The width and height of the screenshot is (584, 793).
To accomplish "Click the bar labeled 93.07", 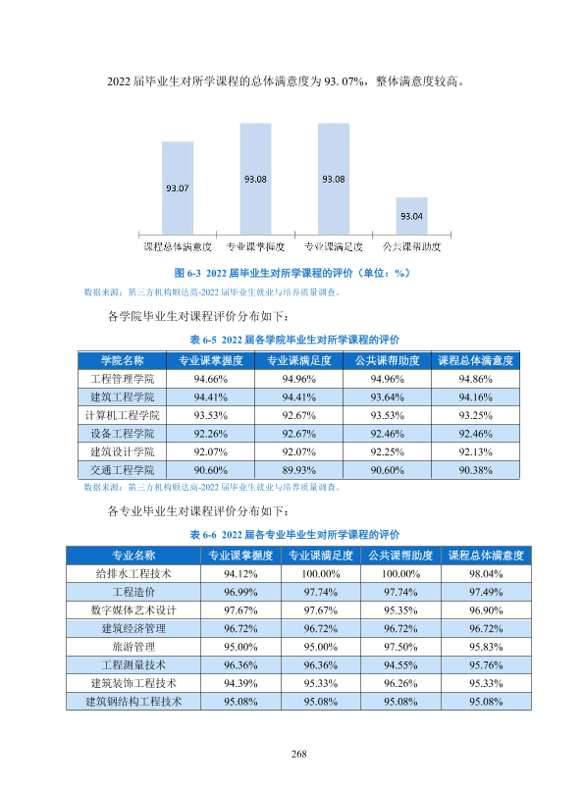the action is tap(177, 187).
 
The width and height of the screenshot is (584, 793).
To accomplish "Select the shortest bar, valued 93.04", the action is tap(411, 216).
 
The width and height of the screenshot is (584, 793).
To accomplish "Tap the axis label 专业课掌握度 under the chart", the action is tap(255, 246).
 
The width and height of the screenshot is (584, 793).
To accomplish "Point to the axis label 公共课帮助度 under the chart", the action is tap(411, 246).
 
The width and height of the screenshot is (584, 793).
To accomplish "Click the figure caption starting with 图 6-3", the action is tap(292, 273).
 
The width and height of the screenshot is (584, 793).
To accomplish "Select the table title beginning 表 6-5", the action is tap(294, 340).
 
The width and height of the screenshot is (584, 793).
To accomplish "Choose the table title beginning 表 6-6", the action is tap(294, 535).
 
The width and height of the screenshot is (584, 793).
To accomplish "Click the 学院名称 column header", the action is tap(123, 360).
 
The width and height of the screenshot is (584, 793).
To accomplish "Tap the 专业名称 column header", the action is tap(133, 555).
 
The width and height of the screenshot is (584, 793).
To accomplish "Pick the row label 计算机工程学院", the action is tap(123, 415).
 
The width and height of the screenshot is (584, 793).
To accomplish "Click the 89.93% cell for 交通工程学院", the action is tap(298, 470).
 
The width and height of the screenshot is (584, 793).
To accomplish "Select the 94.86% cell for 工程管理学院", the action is tap(475, 379).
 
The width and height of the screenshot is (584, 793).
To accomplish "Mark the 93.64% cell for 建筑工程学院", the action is tap(388, 397).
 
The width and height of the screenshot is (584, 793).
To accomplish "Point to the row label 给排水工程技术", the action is tap(133, 573).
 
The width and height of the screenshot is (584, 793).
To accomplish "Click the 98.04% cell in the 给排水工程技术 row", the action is tap(486, 574).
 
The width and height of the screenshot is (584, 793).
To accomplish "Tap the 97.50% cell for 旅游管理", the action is tap(400, 647).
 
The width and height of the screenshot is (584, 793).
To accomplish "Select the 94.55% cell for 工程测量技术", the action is tap(400, 665).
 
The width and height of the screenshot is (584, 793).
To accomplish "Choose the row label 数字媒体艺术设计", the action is tap(133, 609).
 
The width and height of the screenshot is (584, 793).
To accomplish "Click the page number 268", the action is tap(298, 754).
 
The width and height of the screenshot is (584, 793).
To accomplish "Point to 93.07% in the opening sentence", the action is tap(344, 81).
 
